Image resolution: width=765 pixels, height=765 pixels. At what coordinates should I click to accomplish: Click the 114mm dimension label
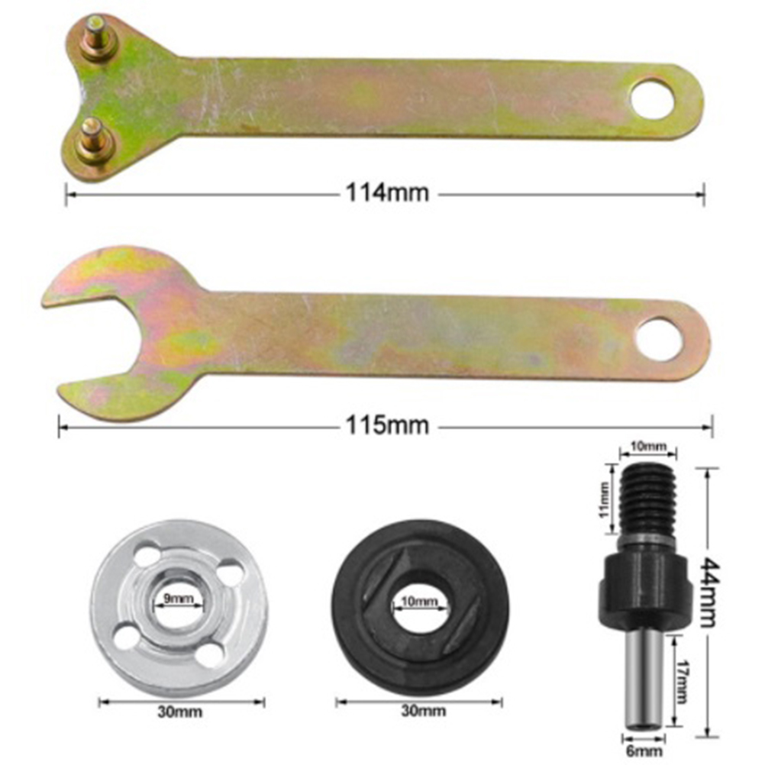[x=387, y=192]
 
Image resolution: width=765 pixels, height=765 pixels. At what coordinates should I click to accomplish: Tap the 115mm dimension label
[x=387, y=426]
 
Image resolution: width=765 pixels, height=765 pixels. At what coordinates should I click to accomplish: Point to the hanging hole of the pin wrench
[x=654, y=98]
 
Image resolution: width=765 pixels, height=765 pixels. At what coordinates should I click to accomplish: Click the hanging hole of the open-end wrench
[x=659, y=339]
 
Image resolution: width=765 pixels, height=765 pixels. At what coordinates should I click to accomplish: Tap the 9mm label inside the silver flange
[x=178, y=598]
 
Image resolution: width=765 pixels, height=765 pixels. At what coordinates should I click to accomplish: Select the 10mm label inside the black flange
[x=419, y=601]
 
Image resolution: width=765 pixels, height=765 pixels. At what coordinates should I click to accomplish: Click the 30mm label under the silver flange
[x=179, y=712]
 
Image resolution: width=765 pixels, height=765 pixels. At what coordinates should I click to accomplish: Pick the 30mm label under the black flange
[x=424, y=711]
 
